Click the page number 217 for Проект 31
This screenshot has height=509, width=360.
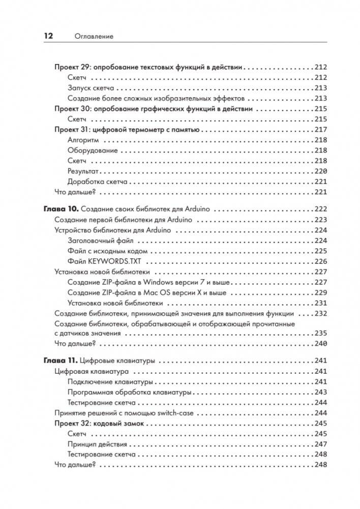click(320, 130)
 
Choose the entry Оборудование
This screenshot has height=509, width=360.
click(93, 151)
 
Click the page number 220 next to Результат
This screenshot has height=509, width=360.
click(320, 171)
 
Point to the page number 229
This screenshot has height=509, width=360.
click(320, 292)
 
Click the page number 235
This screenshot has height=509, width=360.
click(320, 334)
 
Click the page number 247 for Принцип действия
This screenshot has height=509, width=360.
click(320, 444)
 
